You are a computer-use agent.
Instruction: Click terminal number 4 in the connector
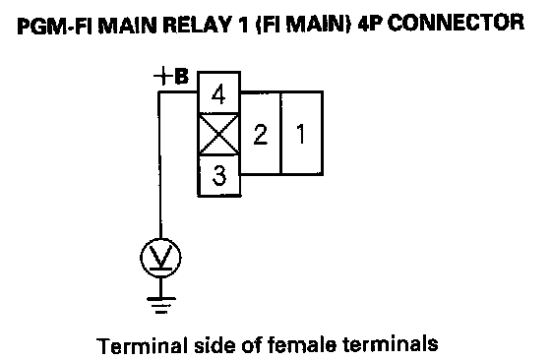(x=218, y=92)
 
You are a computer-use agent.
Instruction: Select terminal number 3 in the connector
(x=219, y=175)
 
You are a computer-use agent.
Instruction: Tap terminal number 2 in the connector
(x=261, y=134)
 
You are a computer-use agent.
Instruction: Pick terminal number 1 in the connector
(x=302, y=134)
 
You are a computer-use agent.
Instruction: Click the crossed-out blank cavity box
(x=218, y=134)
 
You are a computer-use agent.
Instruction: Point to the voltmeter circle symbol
(x=160, y=258)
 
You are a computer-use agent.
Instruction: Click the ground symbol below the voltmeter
(x=161, y=305)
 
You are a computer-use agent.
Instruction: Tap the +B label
(x=171, y=77)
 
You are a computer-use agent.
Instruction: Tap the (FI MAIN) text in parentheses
(x=303, y=26)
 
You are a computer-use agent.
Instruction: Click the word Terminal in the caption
(x=143, y=345)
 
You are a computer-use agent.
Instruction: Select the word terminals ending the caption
(x=390, y=344)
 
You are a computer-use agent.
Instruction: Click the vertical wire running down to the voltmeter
(x=160, y=164)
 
